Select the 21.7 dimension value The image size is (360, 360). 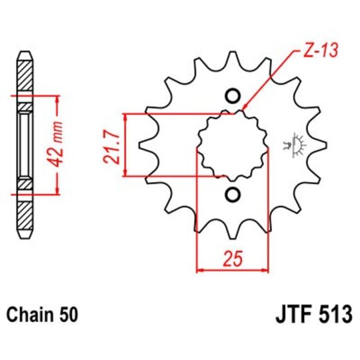point(113,146)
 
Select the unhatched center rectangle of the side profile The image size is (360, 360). point(24,145)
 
